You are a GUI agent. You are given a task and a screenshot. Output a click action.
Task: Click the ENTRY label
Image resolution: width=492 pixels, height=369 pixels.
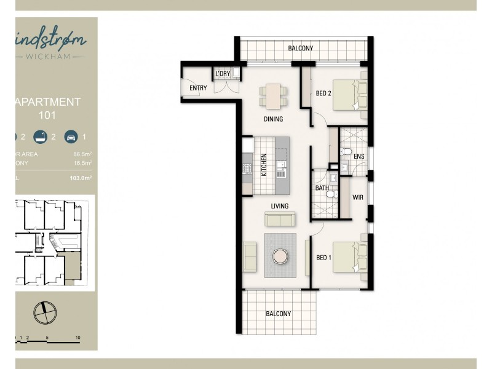(198, 89)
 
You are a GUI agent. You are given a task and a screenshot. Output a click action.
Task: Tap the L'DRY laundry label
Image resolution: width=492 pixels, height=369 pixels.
(222, 74)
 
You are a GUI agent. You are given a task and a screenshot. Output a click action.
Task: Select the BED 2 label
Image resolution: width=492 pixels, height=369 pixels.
(323, 94)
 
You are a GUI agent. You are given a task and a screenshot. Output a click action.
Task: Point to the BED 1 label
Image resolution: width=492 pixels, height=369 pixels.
(323, 258)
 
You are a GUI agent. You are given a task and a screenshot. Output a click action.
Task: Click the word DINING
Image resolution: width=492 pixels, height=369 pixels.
(273, 119)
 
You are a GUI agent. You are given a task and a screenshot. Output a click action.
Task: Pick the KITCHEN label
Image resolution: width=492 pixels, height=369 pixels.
(264, 165)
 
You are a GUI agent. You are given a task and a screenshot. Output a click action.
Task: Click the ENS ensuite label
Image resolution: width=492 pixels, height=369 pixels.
(359, 157)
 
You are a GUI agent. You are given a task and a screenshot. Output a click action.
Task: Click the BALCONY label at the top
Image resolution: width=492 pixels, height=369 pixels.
(301, 49)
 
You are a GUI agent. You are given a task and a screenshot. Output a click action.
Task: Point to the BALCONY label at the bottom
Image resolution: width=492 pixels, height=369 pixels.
(278, 314)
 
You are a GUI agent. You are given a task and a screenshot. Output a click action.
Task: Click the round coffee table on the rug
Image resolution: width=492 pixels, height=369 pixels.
(280, 255)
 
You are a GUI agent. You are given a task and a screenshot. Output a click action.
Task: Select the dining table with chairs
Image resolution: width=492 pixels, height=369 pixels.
(274, 95)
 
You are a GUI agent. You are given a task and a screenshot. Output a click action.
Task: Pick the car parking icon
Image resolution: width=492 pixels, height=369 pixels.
(71, 137)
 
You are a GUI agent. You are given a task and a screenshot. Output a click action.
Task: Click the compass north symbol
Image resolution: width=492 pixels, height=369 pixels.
(44, 312)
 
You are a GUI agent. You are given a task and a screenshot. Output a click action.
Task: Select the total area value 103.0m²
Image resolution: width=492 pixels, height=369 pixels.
(81, 178)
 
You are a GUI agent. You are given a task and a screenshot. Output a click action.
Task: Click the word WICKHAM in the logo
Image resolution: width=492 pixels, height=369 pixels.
(54, 57)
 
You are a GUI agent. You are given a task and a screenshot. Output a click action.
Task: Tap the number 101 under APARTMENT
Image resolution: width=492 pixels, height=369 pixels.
(47, 114)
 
